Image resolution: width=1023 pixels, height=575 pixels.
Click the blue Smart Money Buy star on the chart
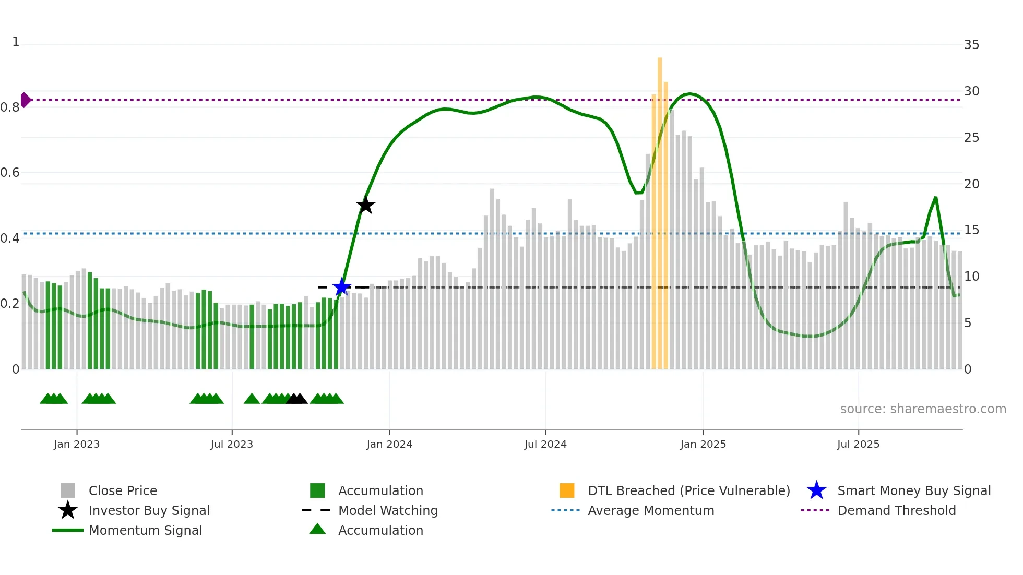point(342,287)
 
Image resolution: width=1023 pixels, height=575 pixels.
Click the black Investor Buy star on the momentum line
point(366,205)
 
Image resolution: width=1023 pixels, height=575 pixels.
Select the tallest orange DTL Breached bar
point(660,209)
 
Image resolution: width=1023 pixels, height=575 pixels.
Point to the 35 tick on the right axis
point(971,45)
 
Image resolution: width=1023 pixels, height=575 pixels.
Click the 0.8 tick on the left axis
point(10,107)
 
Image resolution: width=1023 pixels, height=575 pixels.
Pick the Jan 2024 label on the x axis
point(389,444)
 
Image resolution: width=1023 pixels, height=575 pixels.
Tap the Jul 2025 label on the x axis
point(858,444)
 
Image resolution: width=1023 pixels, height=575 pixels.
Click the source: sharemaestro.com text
point(923,409)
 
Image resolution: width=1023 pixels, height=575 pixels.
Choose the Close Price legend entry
point(123,490)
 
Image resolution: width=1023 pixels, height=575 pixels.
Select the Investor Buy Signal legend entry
point(149,510)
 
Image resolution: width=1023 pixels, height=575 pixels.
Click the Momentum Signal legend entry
point(145,530)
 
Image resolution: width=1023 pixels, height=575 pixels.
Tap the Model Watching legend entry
point(388,510)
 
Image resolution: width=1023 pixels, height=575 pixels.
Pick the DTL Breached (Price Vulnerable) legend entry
point(688,490)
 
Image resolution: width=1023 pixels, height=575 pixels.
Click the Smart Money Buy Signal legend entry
point(913,490)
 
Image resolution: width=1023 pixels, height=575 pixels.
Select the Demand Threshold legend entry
point(896,510)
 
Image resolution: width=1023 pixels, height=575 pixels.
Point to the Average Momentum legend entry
point(650,510)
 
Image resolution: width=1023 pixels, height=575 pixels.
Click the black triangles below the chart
point(297,399)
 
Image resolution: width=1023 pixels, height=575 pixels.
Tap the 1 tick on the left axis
point(16,42)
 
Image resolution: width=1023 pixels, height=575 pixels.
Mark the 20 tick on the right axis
point(971,184)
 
